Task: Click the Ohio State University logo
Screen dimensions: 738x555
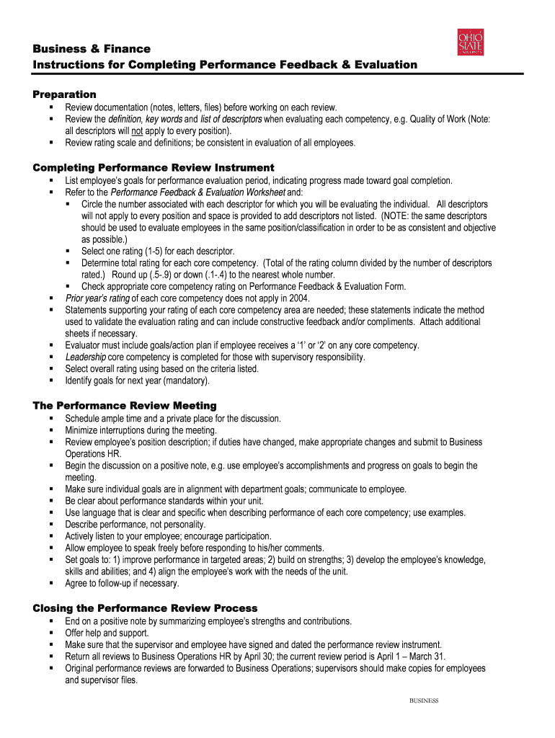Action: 471,42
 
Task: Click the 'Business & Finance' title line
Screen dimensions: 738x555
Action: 92,49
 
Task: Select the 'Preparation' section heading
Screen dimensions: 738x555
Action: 65,94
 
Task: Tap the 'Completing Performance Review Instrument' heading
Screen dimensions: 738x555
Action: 154,168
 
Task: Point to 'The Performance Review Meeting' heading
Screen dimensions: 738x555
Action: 125,406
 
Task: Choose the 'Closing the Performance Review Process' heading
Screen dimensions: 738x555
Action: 145,608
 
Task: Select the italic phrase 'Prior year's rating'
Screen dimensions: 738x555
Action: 97,298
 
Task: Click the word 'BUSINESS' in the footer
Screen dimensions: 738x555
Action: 424,701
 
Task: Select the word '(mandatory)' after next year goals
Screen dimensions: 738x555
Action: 187,381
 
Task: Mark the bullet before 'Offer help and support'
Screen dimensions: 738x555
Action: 52,633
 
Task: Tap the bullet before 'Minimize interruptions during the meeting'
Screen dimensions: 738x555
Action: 52,430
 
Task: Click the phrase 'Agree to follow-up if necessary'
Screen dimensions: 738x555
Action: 122,583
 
